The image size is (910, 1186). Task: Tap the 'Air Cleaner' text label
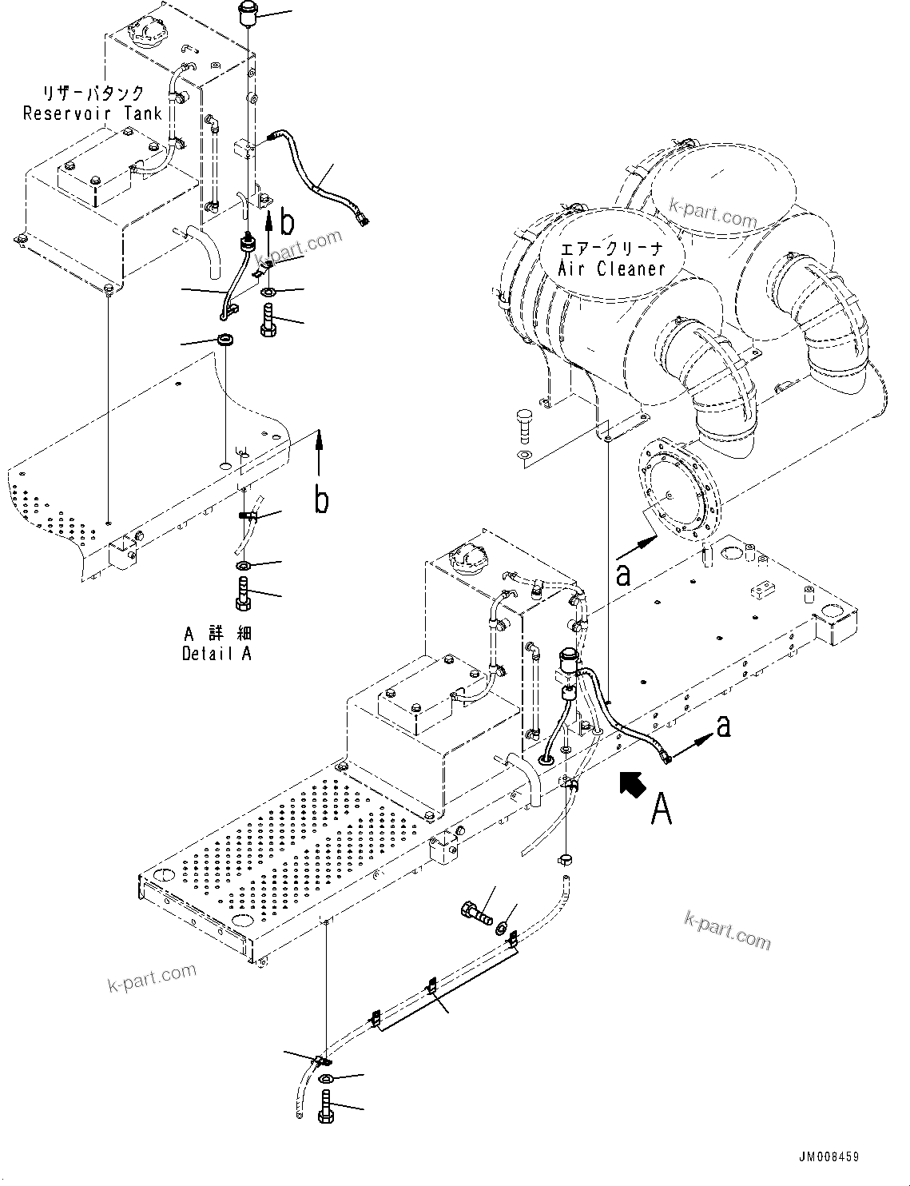611,269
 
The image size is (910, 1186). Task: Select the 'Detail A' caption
217,653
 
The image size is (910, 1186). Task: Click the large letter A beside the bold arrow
661,810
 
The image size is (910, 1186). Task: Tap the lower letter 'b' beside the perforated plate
321,500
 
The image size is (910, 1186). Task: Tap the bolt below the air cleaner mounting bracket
523,423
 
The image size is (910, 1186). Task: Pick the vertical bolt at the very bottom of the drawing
327,1112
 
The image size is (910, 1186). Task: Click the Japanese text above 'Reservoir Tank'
94,92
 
